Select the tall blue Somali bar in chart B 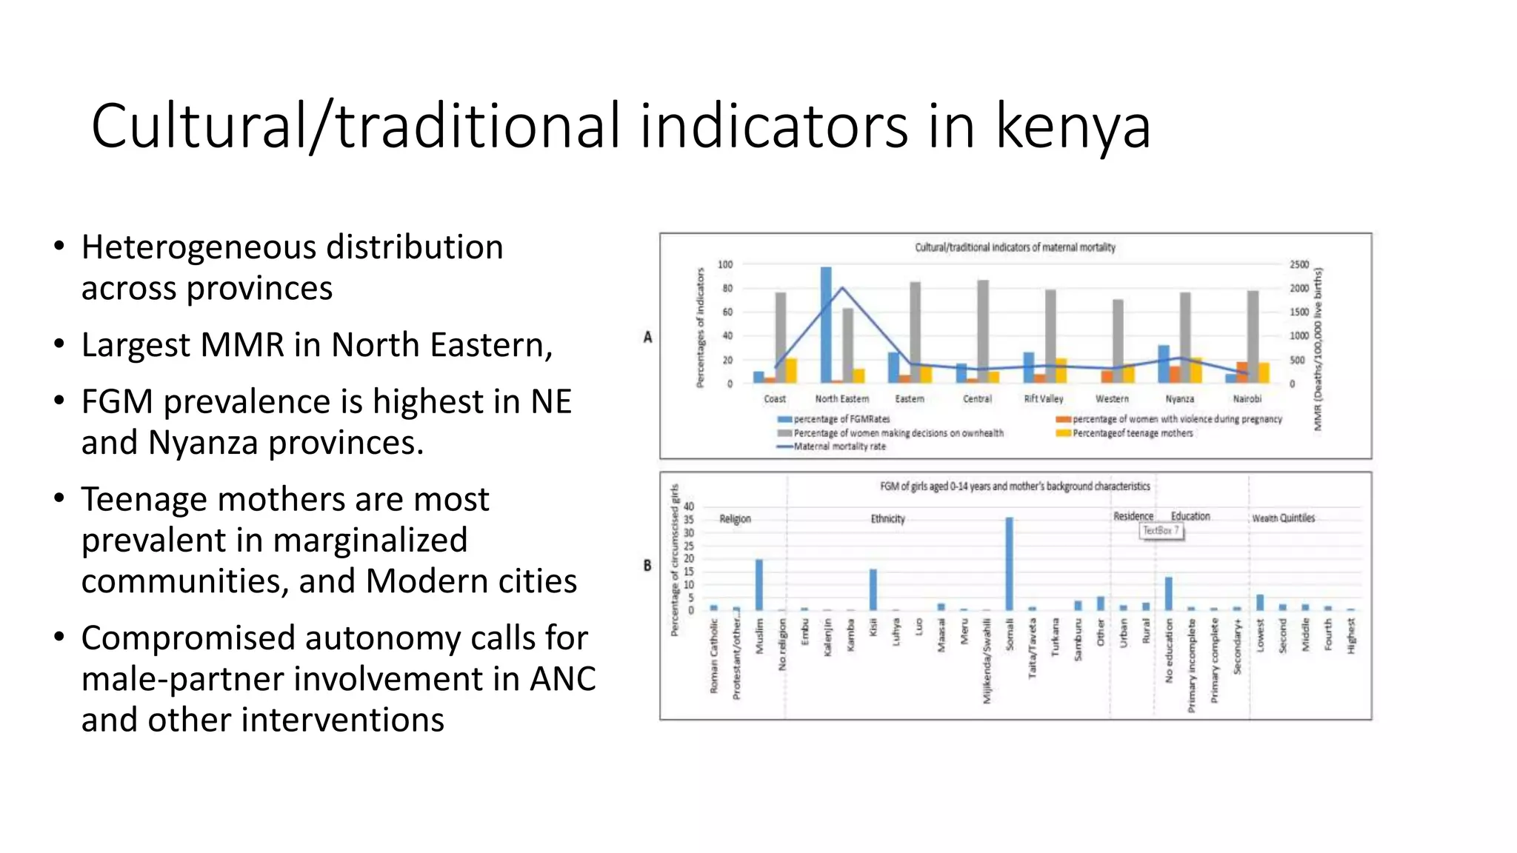[1009, 563]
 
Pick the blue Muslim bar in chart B [759, 584]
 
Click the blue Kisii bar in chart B [873, 589]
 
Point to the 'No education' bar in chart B [1169, 593]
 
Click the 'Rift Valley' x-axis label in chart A [1044, 398]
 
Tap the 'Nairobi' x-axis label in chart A [1247, 398]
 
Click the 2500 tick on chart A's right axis [1299, 264]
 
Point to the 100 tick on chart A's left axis [725, 264]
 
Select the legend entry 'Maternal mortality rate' [839, 446]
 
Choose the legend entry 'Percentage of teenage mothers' [1133, 433]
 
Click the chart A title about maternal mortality [1015, 247]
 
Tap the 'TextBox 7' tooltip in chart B [1161, 531]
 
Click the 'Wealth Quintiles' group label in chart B [1284, 518]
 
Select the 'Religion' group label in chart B [736, 519]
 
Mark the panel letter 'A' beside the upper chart [648, 338]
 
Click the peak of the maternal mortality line [842, 287]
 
